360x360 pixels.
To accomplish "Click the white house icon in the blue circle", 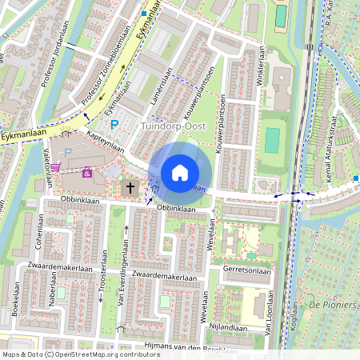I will [x=180, y=173].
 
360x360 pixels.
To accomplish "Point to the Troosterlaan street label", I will [x=101, y=283].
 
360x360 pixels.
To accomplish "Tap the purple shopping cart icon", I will [x=87, y=171].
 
